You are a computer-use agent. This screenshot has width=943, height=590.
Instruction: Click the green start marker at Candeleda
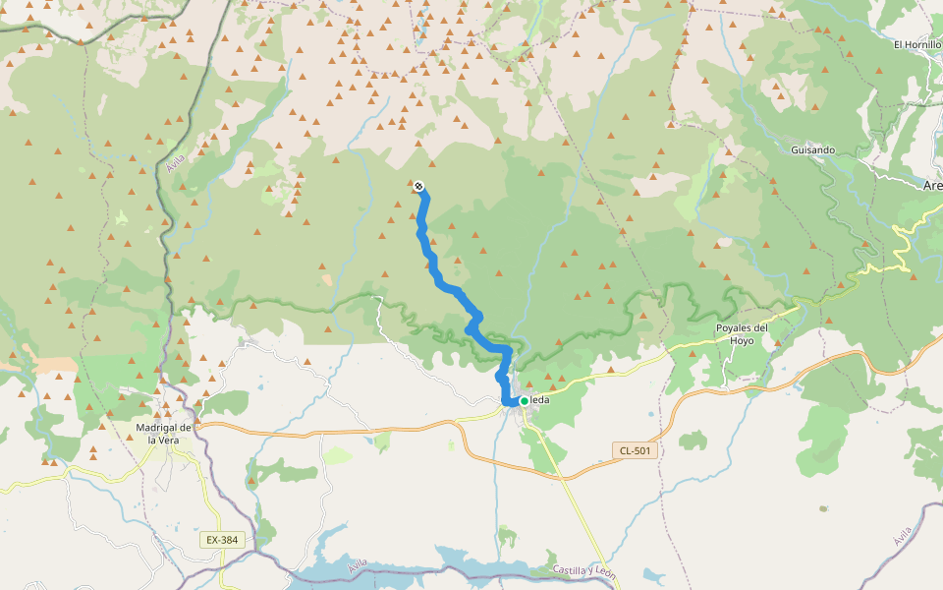coord(525,400)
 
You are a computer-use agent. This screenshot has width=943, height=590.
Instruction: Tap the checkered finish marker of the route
coord(419,186)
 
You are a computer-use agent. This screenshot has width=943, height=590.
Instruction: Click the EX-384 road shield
coord(222,540)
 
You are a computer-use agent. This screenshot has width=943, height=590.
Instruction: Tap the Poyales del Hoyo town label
coord(742,334)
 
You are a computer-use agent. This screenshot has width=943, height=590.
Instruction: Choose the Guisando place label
coord(812,150)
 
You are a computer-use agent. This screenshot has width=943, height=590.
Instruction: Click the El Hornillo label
coord(916,44)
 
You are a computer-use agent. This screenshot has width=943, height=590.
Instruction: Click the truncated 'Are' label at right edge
coord(932,185)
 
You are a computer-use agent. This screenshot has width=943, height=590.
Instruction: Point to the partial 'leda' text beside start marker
coord(541,400)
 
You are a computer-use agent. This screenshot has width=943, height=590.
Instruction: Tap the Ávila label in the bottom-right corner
coord(903,536)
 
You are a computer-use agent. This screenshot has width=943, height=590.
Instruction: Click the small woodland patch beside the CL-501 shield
coord(693,440)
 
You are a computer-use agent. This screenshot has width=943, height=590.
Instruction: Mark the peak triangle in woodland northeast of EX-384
coord(252,481)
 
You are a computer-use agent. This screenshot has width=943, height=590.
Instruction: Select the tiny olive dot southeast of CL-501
coord(823,508)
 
